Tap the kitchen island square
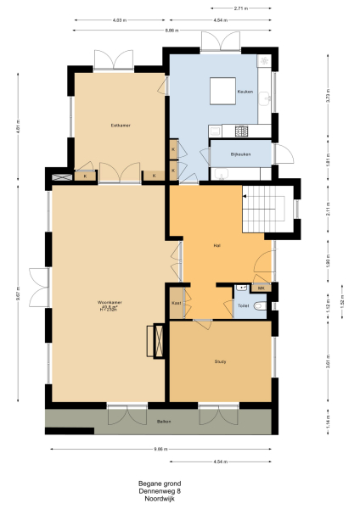[x=223, y=89]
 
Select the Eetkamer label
[x=119, y=125]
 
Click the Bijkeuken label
[x=243, y=154]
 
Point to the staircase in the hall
[x=265, y=210]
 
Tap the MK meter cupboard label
[x=262, y=289]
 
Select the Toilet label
[x=243, y=305]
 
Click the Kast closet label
[x=177, y=302]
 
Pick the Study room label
[x=220, y=361]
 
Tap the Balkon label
[x=165, y=422]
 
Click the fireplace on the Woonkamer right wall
[x=154, y=342]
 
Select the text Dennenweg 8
[x=160, y=491]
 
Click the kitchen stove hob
[x=240, y=131]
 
